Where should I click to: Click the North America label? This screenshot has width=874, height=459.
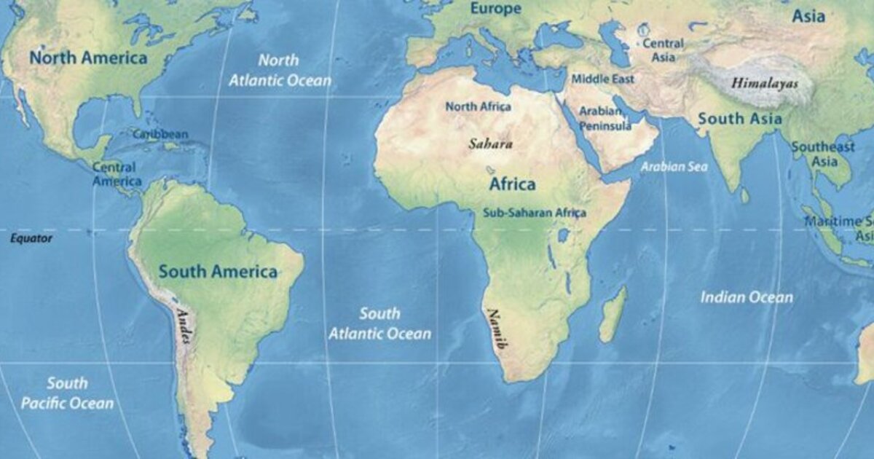(x=88, y=58)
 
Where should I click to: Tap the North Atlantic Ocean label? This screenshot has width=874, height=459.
(x=280, y=71)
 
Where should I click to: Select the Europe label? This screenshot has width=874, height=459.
(x=495, y=9)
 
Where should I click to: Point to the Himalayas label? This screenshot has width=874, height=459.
(x=764, y=83)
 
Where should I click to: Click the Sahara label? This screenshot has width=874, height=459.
(x=490, y=144)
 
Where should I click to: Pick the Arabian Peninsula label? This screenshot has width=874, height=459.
(x=605, y=119)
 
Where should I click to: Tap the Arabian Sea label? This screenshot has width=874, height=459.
(x=674, y=167)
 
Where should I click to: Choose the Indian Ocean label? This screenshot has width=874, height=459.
(x=747, y=297)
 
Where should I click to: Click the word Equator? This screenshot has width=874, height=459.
(x=31, y=238)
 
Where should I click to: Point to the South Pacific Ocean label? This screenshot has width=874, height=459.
(x=67, y=393)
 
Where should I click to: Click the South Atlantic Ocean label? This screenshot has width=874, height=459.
(x=379, y=323)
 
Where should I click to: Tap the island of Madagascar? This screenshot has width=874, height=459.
(x=613, y=314)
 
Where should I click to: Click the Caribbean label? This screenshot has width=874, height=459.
(x=160, y=134)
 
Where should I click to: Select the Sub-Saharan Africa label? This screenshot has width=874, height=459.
(x=534, y=213)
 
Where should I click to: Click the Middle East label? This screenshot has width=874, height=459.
(x=602, y=79)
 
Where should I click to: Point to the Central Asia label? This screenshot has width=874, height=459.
(x=663, y=50)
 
